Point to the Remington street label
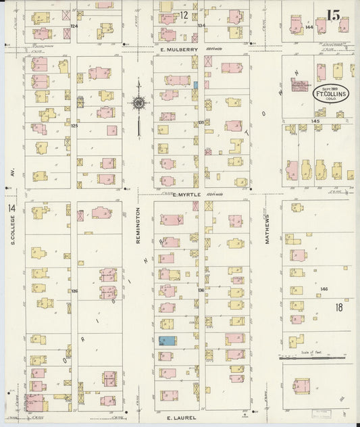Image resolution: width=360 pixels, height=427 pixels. coord(138,221)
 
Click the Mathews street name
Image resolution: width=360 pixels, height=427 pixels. coord(267,230)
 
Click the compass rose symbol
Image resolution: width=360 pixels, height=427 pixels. coord(138,103)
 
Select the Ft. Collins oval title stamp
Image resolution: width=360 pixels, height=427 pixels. coord(330,93)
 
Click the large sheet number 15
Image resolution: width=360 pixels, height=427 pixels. coord(332,14)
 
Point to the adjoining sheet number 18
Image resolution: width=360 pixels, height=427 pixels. coord(339,307)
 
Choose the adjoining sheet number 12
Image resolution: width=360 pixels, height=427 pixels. coord(184,14)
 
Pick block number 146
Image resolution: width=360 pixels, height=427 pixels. coord(324,288)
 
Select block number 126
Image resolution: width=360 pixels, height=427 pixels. coord(74,291)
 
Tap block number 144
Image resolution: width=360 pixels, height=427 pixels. coord(309,28)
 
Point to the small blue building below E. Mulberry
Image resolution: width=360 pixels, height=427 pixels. coord(196,86)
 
